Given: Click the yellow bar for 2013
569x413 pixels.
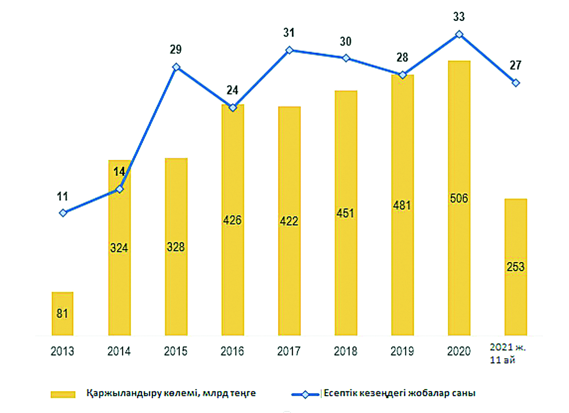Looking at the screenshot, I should (62, 314).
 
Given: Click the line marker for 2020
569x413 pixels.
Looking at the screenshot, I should (459, 34).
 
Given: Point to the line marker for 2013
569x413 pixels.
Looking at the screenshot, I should (63, 213).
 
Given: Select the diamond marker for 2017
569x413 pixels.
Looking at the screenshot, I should (289, 50).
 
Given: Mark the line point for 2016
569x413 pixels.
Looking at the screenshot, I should (233, 108).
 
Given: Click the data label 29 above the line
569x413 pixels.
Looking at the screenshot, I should (175, 50).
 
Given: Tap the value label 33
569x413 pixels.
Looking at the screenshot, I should (459, 17).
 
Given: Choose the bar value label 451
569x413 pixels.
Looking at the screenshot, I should (345, 213).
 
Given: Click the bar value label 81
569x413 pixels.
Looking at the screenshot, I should (62, 314).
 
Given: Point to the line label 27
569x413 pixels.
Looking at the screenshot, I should (515, 65).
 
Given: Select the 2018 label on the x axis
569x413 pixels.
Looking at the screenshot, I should (345, 351).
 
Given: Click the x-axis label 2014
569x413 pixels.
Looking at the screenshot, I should (119, 351).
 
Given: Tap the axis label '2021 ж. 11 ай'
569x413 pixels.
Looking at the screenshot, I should (507, 353).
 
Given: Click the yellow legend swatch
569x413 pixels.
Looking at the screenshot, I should (63, 394).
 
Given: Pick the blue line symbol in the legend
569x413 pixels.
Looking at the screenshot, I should (305, 394).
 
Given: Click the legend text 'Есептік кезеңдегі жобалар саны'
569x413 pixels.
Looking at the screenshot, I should (399, 393).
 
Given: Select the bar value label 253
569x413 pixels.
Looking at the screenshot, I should (516, 267).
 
